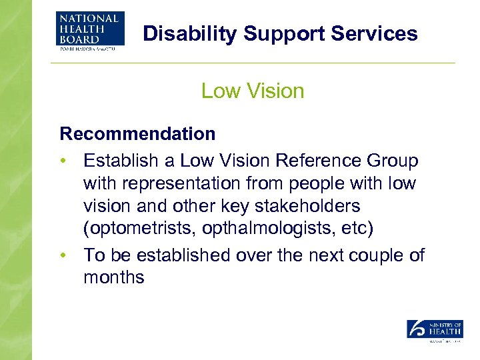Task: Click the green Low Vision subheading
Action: (253, 91)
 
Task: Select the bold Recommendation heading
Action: (138, 133)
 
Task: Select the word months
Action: (113, 277)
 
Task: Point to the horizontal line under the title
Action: (253, 63)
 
